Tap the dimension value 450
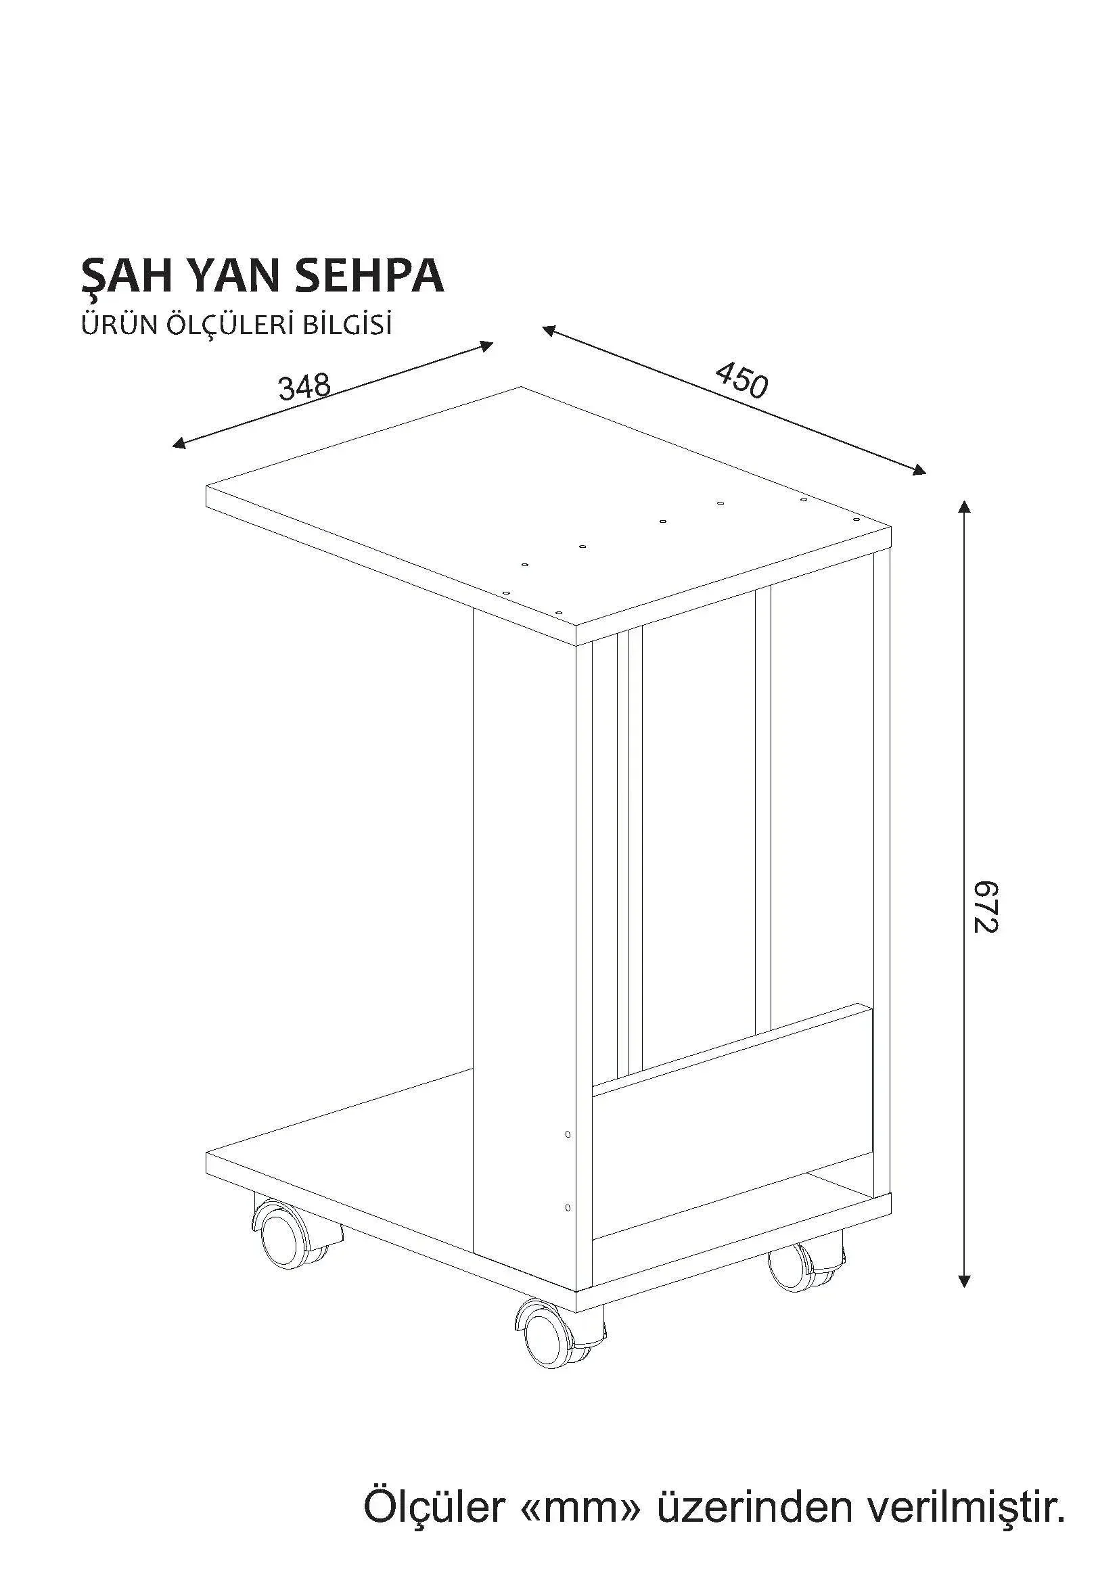(x=741, y=380)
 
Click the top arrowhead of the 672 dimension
(x=965, y=507)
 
